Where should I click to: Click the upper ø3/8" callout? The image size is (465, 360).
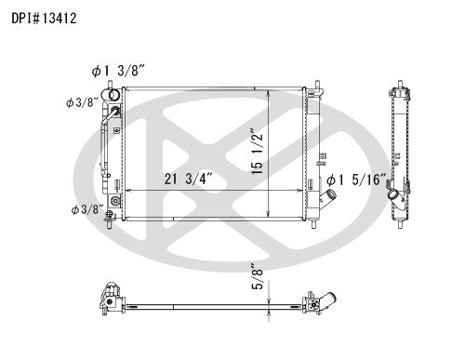pyautogui.click(x=83, y=102)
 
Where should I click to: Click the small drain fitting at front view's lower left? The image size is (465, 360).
pyautogui.click(x=113, y=201)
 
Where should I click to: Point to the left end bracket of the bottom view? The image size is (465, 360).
pyautogui.click(x=106, y=300)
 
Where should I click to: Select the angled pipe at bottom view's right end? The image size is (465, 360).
pyautogui.click(x=326, y=303)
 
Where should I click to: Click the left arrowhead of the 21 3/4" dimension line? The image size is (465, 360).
pyautogui.click(x=126, y=189)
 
